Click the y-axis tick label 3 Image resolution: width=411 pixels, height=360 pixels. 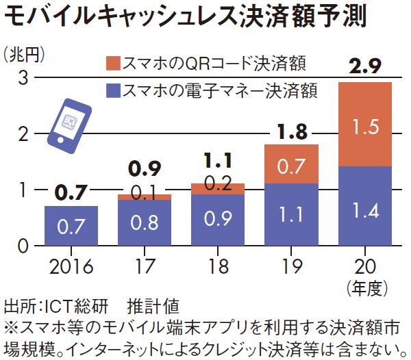click(x=22, y=78)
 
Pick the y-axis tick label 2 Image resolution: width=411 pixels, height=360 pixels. click(x=22, y=134)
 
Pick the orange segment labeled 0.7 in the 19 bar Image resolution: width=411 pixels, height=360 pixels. click(x=291, y=164)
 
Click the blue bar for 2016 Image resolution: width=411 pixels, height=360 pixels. click(x=71, y=225)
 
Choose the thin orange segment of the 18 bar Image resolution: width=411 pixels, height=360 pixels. click(x=218, y=189)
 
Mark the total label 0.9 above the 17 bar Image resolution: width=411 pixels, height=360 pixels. click(x=143, y=167)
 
